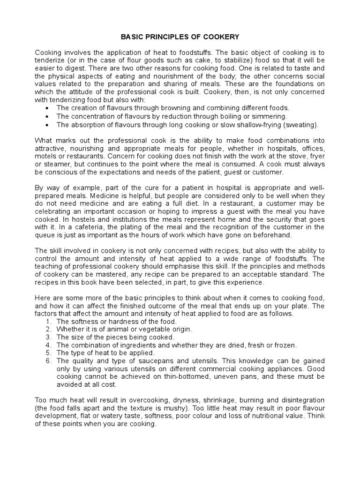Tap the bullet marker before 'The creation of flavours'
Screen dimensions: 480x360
pos(48,108)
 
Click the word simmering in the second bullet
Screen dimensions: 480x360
pos(270,116)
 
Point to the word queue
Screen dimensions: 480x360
pos(45,235)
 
